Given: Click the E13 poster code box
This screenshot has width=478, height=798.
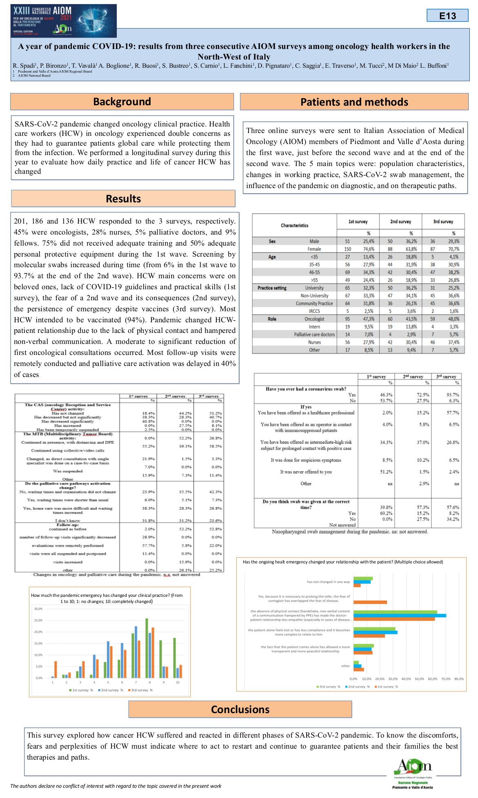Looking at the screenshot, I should pos(447,16).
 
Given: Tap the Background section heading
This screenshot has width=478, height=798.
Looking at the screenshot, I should pos(122,102).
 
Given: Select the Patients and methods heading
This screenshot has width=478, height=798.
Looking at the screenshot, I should pos(354,102).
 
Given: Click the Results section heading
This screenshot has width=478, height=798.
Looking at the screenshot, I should pos(123,199).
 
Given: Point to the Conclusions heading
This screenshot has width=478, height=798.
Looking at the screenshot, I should pos(240,709).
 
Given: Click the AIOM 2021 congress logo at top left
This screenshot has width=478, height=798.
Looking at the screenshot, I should pos(64,21).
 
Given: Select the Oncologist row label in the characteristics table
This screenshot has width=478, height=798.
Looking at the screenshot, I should pos(314,319).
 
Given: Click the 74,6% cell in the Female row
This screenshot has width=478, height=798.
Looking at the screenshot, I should pos(369,249).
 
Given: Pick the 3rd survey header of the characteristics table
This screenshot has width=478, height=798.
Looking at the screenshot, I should pos(443,222).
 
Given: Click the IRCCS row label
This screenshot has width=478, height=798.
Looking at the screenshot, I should pos(314,311).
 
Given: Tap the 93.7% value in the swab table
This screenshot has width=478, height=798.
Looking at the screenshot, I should pos(453,395).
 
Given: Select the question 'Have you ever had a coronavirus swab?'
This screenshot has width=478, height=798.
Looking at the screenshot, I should pos(306,389).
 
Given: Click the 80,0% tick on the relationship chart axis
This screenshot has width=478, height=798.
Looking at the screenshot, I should pos(459,679).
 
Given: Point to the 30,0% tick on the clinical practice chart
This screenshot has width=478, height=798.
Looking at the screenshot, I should pos(38,609).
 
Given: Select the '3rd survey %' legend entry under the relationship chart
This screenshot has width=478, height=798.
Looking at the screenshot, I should pos(328,687).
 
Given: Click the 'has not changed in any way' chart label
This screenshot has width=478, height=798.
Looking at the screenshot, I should pos(328,582).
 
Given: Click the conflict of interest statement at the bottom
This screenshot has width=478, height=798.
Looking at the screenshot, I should pos(116,786).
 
